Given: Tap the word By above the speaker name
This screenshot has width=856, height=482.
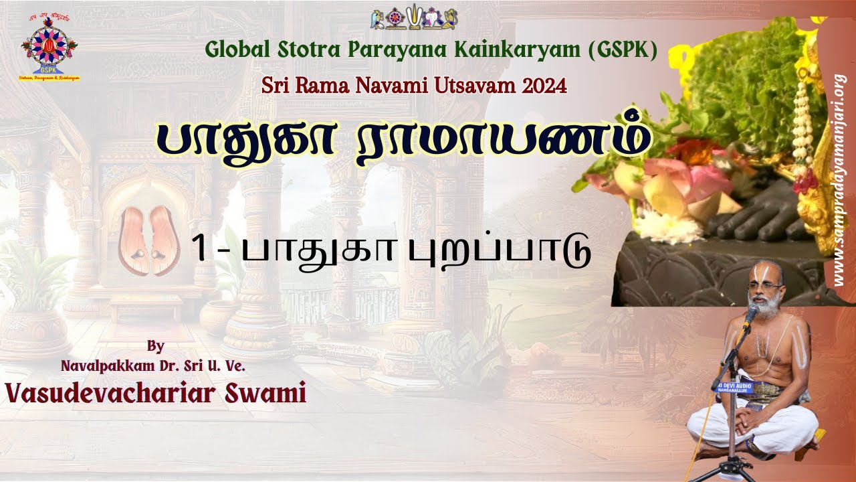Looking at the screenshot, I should coord(155,346).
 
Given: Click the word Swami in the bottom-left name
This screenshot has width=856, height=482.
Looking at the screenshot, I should coord(267,393).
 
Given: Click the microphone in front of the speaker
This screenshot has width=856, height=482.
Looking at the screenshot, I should coord(752,315).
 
